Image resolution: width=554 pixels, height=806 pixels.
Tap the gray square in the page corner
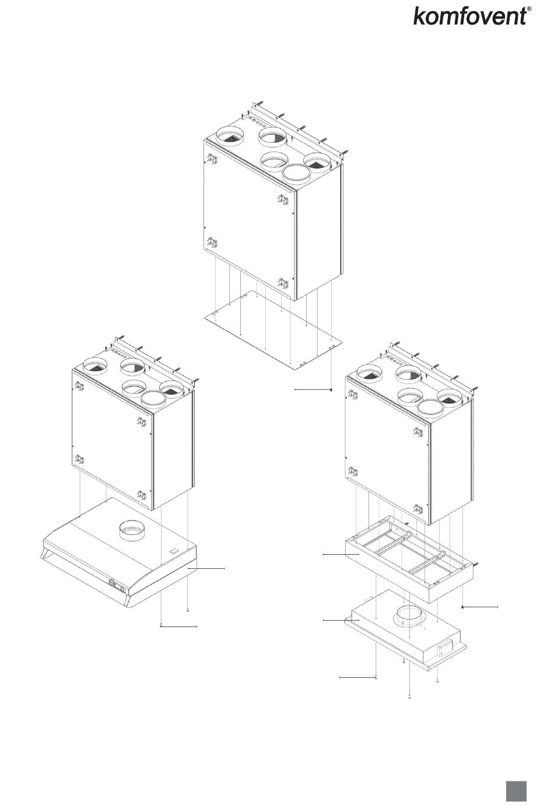pos(517,791)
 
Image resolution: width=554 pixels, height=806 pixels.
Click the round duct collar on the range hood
pos(132,530)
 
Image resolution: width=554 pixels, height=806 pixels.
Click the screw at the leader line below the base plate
pos(331,390)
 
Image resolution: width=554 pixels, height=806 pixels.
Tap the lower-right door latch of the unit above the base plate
pos(283,283)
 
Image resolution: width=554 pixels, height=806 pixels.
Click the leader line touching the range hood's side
pos(206,568)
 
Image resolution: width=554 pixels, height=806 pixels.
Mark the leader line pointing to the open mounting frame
pos(341,555)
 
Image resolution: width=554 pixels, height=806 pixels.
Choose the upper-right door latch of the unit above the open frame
pos(418,432)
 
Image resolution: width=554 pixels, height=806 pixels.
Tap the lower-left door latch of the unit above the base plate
pos(213,243)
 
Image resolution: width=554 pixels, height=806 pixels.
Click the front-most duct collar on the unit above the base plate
pos(296,173)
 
